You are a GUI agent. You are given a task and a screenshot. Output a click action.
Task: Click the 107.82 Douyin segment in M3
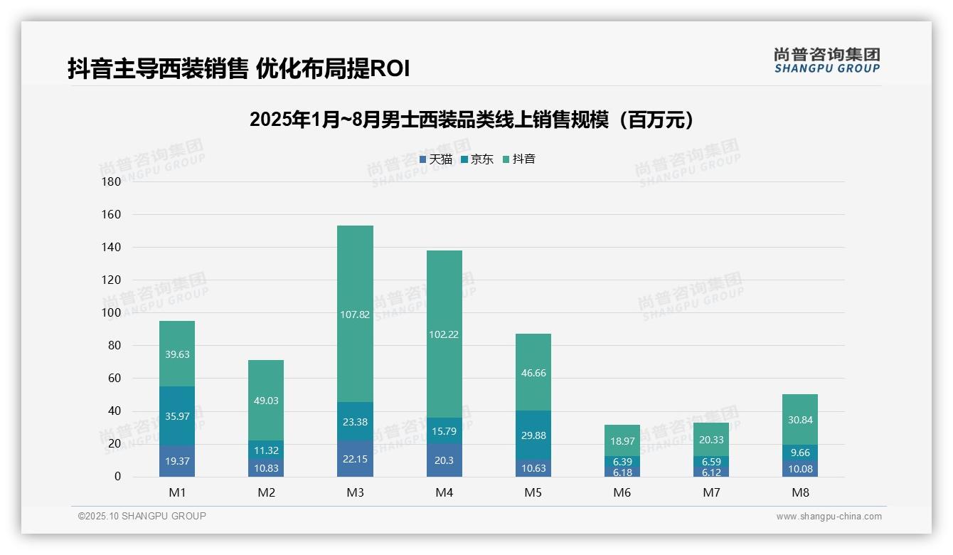click(x=355, y=314)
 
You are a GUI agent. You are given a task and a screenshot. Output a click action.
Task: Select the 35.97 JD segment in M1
click(x=177, y=416)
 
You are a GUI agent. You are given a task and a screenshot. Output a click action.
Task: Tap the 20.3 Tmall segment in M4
click(x=444, y=460)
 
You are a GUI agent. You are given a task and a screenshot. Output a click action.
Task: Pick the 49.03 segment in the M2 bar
click(x=266, y=401)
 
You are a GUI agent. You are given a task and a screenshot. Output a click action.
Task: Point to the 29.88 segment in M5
click(x=533, y=435)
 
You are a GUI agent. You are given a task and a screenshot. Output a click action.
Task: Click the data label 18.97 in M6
click(x=623, y=441)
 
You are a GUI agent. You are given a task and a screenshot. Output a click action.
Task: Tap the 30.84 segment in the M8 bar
click(x=800, y=420)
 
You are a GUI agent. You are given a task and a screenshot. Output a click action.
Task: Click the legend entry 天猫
click(x=436, y=159)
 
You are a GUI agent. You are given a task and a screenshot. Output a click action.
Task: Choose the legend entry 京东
click(x=477, y=159)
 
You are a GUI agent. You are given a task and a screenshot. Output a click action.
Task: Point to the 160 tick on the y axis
click(x=112, y=214)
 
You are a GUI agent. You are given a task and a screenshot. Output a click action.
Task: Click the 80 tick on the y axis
click(x=114, y=346)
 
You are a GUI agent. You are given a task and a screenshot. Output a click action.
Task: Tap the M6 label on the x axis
click(x=623, y=492)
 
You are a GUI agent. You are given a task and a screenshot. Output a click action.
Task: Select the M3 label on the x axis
click(x=355, y=492)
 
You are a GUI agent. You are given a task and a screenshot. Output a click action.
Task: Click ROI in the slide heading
click(x=390, y=69)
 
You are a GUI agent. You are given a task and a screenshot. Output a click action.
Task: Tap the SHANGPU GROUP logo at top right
click(x=826, y=60)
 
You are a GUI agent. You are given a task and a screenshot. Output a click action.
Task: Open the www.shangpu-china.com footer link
click(x=829, y=517)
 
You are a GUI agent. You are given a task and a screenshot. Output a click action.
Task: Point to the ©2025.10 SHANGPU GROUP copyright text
click(x=142, y=517)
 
